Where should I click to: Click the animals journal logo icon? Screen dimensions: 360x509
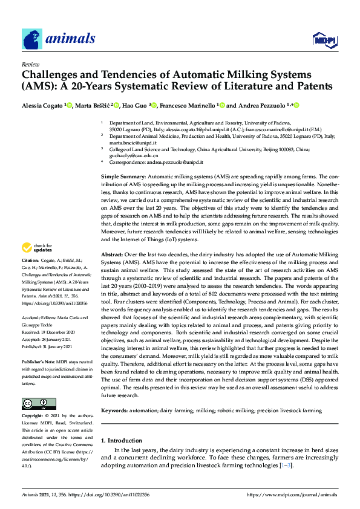coord(32,39)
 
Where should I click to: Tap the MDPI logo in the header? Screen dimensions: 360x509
coord(323,40)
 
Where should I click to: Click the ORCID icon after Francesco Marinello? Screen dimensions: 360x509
coord(221,106)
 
